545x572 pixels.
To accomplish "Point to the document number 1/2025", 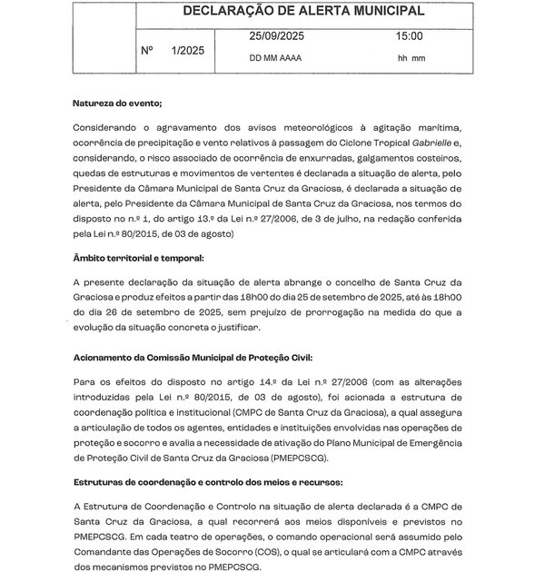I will pos(186,51).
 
